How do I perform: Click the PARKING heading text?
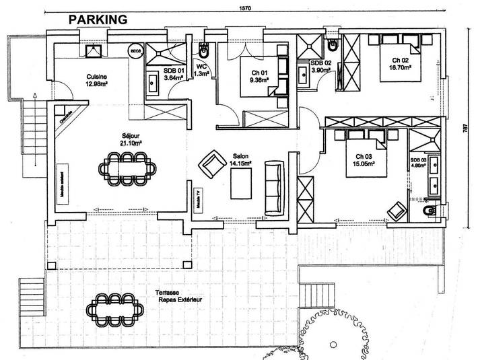[x=98, y=20]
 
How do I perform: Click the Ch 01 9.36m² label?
[x=257, y=76]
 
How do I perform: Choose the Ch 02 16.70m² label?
[x=399, y=63]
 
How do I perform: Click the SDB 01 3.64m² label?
[x=174, y=73]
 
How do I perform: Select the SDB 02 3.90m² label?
[x=320, y=66]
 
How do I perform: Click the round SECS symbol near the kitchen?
[x=135, y=50]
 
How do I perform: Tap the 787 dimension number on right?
[x=464, y=129]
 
